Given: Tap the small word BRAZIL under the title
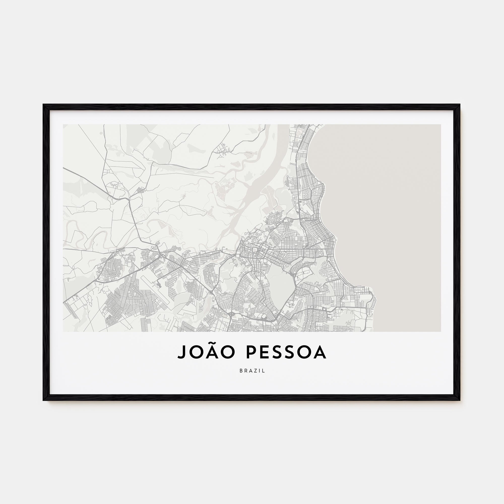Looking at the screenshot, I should tap(252, 371).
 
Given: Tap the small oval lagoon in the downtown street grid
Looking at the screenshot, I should tap(260, 250).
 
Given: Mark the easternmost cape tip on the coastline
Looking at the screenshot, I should tap(375, 297).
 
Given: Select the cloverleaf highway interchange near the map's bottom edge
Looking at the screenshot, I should tap(231, 314).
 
